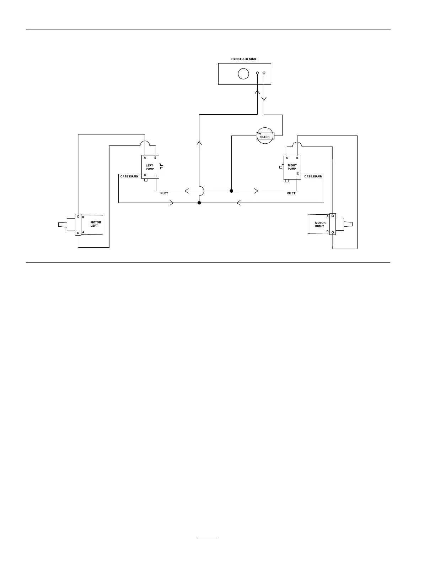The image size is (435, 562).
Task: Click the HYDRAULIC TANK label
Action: point(243,59)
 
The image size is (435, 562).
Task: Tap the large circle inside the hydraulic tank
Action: point(243,74)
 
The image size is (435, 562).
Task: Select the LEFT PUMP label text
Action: point(150,167)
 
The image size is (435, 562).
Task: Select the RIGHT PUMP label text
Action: point(292,167)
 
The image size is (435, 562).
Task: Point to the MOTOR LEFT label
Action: point(96,224)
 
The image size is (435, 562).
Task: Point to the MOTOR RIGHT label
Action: point(320,225)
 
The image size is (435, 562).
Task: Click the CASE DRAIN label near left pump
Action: point(129,176)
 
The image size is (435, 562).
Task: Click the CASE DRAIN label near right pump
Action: point(313,176)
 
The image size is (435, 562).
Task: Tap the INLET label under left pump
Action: point(164,193)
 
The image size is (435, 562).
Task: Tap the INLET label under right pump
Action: point(291,193)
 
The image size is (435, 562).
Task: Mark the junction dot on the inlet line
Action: point(231,191)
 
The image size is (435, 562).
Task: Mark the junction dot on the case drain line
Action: point(199,203)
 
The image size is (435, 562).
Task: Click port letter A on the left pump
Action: point(145,158)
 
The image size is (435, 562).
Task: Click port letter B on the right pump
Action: point(297,158)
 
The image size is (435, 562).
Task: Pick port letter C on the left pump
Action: point(145,175)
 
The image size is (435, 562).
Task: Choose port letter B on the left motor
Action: point(83,217)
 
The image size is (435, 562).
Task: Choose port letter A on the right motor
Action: point(327,216)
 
